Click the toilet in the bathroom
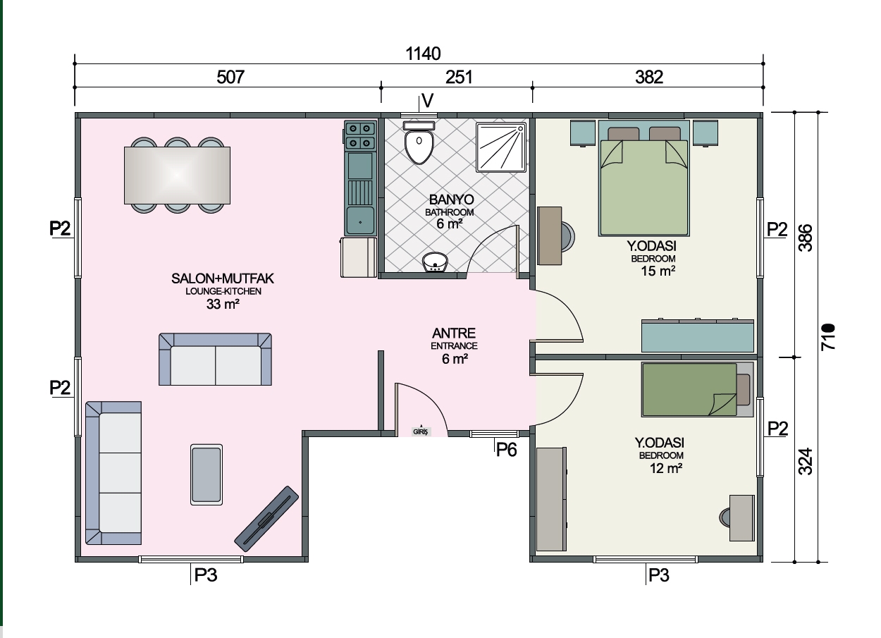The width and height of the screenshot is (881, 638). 419,142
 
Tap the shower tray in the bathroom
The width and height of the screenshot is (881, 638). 501,147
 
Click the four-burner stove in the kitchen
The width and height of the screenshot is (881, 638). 360,135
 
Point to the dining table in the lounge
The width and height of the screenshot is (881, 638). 177,176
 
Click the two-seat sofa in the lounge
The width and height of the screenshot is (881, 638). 215,359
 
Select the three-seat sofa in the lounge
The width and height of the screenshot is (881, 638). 113,473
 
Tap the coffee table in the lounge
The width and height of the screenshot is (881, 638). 207,474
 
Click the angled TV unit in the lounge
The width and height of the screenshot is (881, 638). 266,519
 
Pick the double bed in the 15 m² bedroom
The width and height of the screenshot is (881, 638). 644,178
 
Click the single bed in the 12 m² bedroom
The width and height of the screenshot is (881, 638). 697,389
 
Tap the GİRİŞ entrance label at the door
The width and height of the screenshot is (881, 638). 420,432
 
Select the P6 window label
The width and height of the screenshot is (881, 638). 506,450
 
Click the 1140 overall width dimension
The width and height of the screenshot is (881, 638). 423,54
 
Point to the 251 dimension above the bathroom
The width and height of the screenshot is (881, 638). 459,77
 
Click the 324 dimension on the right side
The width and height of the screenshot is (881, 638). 805,461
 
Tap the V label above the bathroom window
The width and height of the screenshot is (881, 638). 427,101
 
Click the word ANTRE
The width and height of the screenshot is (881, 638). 454,333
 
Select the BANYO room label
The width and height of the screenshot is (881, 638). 451,200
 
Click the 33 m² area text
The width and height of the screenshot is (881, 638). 223,304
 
